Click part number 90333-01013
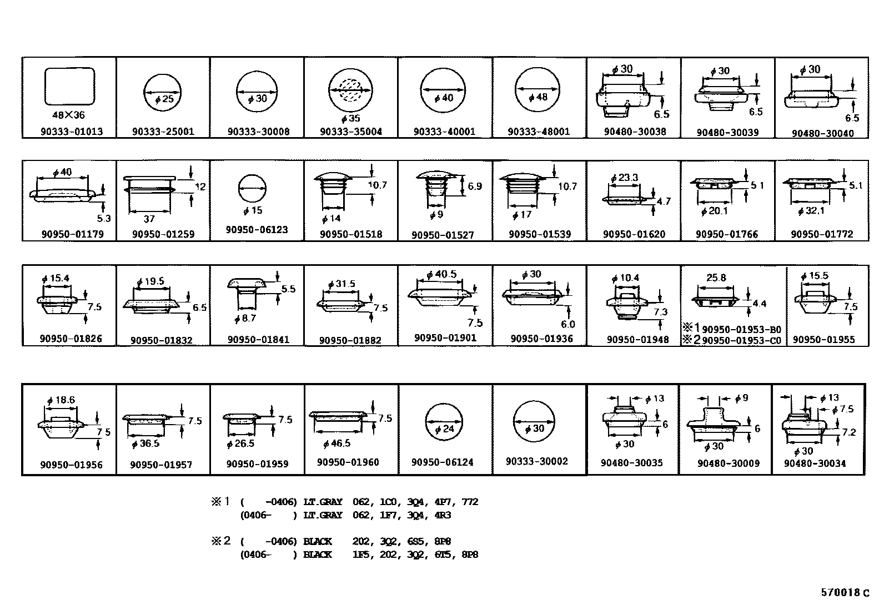pos(71,132)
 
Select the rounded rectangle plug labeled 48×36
pos(69,86)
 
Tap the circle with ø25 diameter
pos(163,92)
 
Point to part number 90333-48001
pos(539,132)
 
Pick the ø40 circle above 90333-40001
pos(443,91)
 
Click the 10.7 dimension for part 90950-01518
pos(377,185)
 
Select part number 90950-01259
pos(163,234)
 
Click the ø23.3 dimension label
pos(624,178)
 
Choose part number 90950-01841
pos(258,340)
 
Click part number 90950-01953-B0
pos(741,329)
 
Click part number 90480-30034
pos(815,463)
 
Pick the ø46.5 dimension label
pos(336,443)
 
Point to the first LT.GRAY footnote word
pos(323,502)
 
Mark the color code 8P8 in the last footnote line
pos(470,554)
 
